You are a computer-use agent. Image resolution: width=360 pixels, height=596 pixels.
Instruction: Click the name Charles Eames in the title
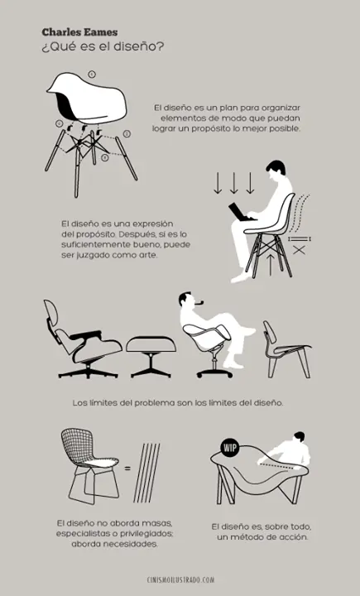pos(79,31)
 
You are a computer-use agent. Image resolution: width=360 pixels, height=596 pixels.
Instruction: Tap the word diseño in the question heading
pos(139,46)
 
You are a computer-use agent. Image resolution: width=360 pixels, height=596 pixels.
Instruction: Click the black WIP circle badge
pos(229,449)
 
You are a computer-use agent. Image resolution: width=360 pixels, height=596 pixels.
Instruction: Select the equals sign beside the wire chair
pos(127,469)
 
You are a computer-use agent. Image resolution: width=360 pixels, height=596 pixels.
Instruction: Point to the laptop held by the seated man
pos(242,213)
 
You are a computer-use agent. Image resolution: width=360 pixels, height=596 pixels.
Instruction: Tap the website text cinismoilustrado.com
pos(180,580)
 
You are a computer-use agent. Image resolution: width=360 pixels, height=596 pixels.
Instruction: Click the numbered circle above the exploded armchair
pos(91,74)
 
